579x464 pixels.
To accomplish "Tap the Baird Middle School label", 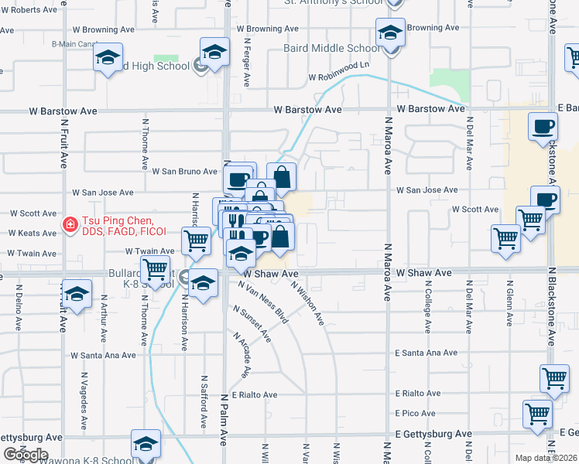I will [x=343, y=48].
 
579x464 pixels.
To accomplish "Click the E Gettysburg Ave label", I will [x=432, y=435].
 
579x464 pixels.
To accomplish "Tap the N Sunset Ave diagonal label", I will [x=252, y=323].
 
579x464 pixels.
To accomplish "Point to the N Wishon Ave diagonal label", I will [x=307, y=302].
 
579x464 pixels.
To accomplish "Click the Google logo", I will [x=26, y=455].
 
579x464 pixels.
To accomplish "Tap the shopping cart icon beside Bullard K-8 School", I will [x=156, y=271].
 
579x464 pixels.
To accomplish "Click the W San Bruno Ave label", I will [x=184, y=171].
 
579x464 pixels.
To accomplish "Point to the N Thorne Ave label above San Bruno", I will [x=145, y=144].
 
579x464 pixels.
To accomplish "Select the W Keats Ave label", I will [x=32, y=233].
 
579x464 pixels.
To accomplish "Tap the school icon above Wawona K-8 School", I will [x=145, y=443].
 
